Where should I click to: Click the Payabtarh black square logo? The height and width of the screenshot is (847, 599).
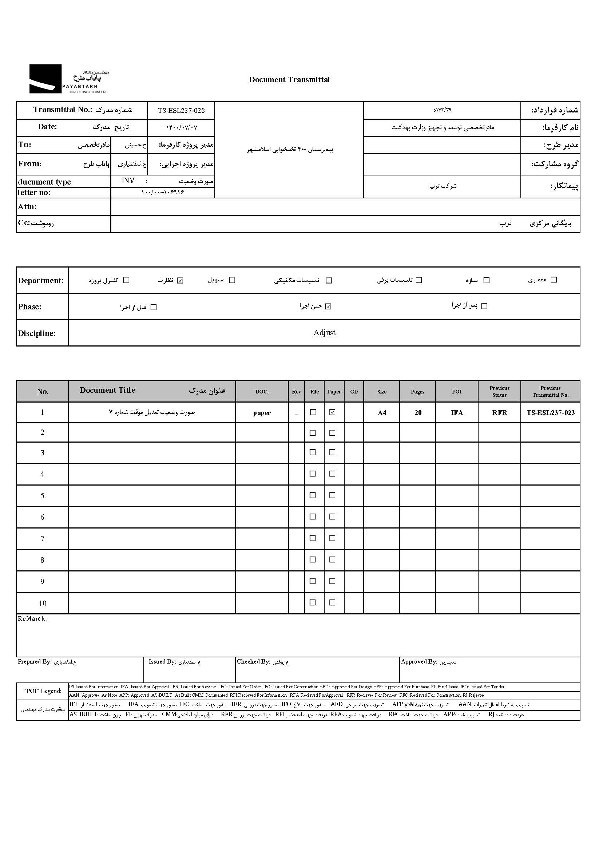pos(45,79)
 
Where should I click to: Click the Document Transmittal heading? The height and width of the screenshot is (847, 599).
pos(289,80)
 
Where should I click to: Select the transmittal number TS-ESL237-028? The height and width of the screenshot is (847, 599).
pos(181,110)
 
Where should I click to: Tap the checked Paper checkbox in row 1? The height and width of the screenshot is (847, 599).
pos(332,412)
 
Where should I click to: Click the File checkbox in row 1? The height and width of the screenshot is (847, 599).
pos(313,412)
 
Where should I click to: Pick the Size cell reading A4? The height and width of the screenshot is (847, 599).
pos(382,413)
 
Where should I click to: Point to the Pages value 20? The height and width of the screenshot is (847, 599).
pos(418,413)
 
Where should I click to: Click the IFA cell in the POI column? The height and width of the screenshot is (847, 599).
pos(457,413)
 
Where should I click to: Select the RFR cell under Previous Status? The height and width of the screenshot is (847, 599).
pos(499,413)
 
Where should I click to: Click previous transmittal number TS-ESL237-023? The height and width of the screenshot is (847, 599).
pos(550,413)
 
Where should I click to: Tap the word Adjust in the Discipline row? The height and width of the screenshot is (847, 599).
pos(324,333)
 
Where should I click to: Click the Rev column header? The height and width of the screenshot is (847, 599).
pos(297,392)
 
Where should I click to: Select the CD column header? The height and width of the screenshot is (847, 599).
pos(354,392)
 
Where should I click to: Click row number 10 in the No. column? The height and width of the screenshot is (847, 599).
pos(43,603)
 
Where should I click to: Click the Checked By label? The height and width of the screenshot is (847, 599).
pos(253,662)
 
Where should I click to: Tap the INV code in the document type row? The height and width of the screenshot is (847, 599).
pos(128,181)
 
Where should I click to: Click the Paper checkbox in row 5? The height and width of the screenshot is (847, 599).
pos(332,495)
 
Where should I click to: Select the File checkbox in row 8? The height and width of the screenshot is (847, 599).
pos(313,559)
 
